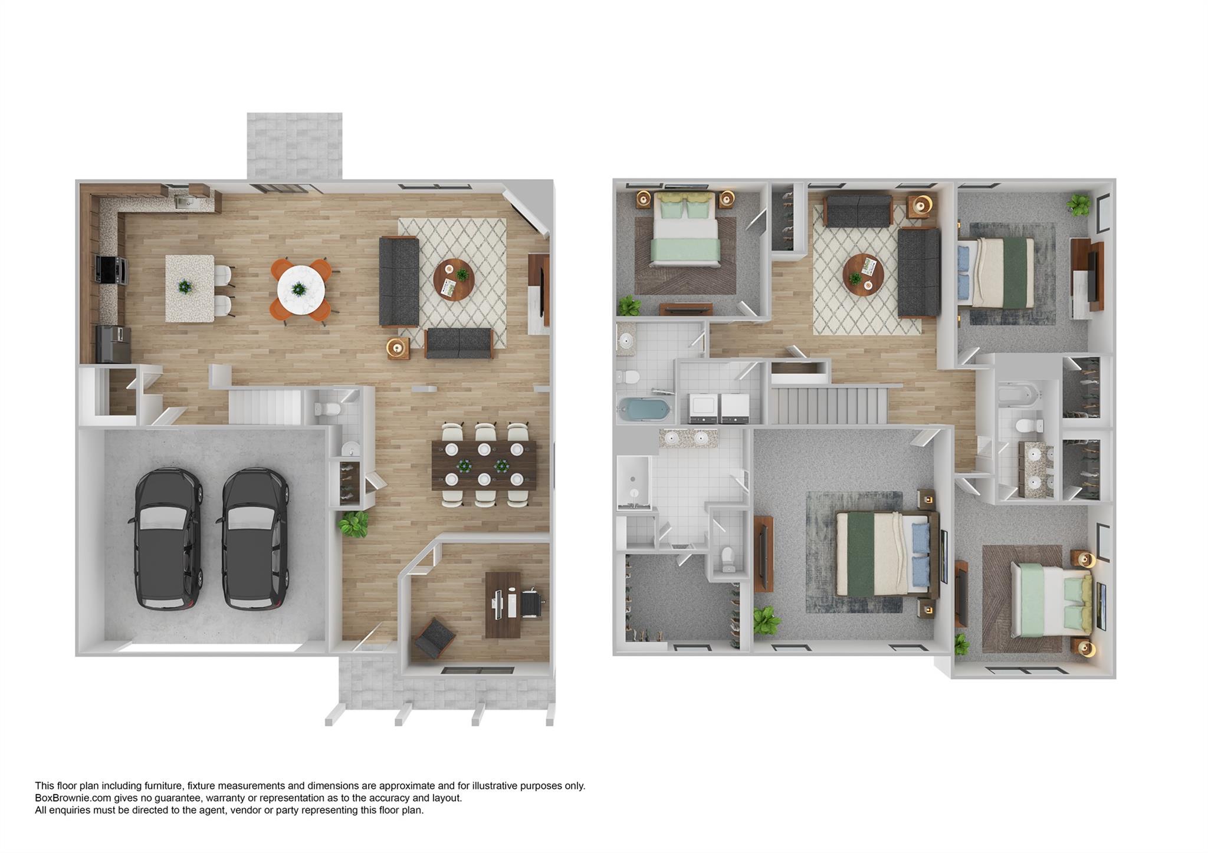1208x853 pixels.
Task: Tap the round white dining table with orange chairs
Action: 301,289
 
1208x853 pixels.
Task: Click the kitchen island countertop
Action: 189,288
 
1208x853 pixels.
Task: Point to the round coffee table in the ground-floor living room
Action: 454,279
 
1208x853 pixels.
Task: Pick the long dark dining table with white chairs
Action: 484,465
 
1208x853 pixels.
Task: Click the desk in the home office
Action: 503,604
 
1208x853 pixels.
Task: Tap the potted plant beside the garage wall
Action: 353,523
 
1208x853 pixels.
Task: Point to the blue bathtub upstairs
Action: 644,409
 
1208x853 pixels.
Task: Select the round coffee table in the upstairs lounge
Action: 863,274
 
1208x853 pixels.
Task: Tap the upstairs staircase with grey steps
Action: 829,405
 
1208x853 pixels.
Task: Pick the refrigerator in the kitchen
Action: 113,344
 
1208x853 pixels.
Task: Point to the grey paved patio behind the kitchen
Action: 294,146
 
